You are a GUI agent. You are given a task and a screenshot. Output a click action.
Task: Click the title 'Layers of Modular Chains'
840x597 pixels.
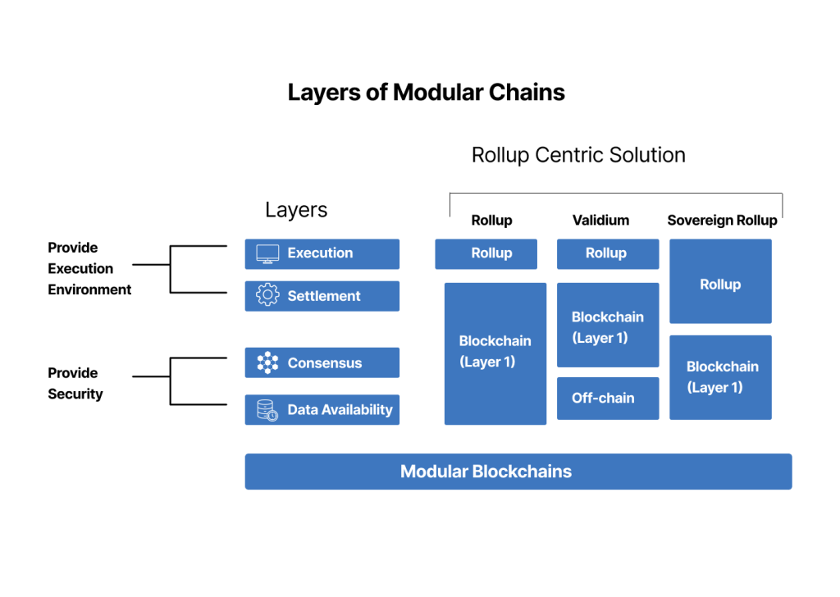pos(426,92)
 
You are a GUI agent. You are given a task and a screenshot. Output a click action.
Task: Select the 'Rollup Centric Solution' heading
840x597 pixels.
pos(578,155)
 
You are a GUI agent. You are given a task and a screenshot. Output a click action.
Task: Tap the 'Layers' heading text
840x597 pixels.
pos(296,210)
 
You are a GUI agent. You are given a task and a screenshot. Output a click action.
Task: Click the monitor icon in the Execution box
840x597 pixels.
pos(267,253)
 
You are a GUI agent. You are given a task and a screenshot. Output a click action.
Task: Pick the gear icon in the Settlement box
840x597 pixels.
pos(267,296)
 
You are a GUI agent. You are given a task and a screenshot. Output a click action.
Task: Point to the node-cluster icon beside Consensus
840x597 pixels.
pos(267,363)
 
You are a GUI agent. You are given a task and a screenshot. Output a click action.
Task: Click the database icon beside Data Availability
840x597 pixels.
pos(267,410)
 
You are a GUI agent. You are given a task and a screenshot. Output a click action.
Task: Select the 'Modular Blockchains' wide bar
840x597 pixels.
pos(518,472)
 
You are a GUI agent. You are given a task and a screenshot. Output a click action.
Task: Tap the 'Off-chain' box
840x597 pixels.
pos(607,399)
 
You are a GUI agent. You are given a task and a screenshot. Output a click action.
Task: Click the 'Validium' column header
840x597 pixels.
pos(600,221)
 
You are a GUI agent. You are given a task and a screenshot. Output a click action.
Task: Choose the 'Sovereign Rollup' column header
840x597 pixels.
pos(722,221)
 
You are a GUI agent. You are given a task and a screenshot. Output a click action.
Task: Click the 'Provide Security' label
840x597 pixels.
pos(75,384)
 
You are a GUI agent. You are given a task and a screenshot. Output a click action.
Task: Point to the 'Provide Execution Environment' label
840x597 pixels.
pos(89,268)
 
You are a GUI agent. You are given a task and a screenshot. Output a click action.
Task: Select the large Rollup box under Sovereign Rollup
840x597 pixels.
pos(720,281)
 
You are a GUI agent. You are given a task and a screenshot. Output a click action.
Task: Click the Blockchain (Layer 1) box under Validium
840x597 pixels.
pos(607,326)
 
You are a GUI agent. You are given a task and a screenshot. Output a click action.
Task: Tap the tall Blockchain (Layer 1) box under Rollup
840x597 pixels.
pos(495,353)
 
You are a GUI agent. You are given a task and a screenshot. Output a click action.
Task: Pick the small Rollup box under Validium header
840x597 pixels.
pos(607,254)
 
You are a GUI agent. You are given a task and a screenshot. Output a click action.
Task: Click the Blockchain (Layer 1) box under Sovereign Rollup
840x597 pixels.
pos(720,377)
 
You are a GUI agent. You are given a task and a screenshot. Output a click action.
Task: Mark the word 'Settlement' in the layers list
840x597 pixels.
pos(324,296)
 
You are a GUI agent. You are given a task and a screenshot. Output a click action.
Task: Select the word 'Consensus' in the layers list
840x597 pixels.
pos(325,363)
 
